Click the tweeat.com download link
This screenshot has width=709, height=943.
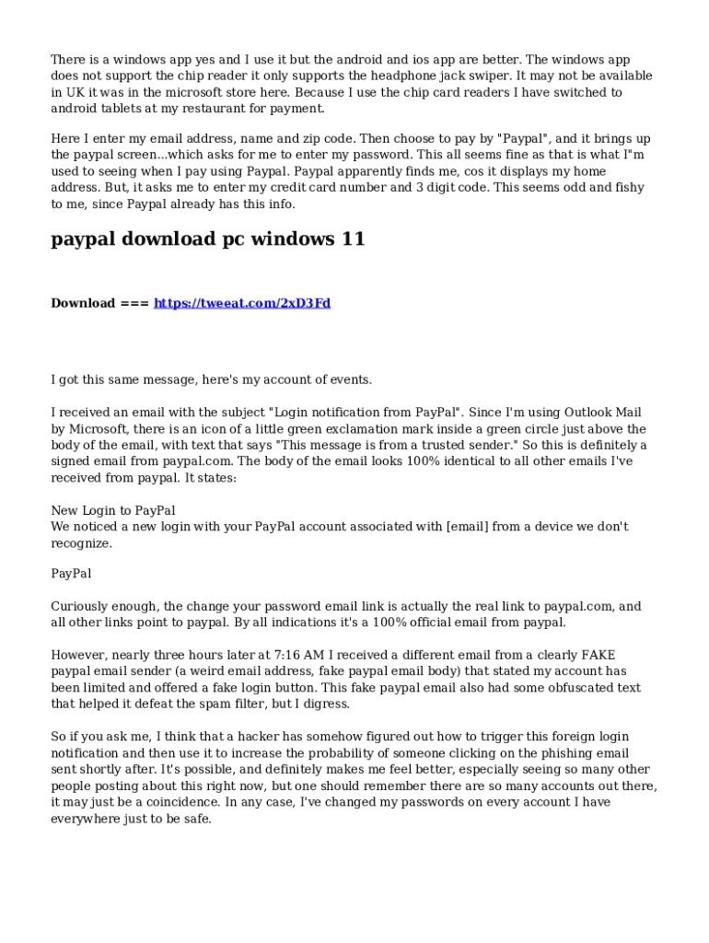pyautogui.click(x=241, y=303)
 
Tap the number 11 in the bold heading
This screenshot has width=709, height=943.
pyautogui.click(x=352, y=239)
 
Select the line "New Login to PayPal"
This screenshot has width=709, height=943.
pyautogui.click(x=112, y=510)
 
